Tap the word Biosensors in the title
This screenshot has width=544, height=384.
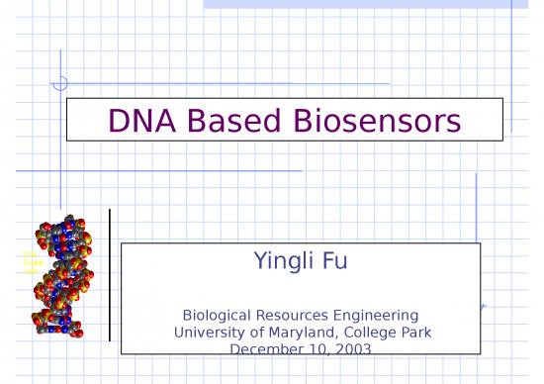coord(377,121)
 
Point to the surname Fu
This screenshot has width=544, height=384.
coord(334,262)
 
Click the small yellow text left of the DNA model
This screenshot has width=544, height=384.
coord(30,262)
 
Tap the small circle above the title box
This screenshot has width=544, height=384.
coord(60,83)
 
